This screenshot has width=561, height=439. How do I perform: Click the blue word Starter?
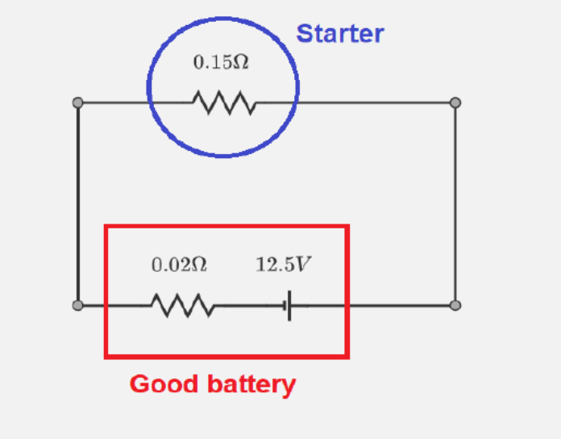(x=339, y=34)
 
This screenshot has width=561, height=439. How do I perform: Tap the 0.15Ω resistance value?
(x=220, y=62)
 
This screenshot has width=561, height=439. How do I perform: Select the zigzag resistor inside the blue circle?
(x=224, y=103)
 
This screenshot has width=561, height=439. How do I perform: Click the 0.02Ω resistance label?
(x=179, y=265)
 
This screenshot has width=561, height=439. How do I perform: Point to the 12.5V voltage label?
(x=283, y=265)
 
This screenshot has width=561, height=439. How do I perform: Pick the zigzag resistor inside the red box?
(x=182, y=306)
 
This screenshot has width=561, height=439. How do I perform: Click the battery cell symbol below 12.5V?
(x=289, y=306)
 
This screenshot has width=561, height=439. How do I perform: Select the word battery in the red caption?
(x=251, y=385)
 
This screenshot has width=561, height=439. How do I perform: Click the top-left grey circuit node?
(x=77, y=102)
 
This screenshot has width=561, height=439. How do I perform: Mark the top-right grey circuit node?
(x=455, y=102)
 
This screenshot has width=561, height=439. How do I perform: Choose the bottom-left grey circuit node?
(x=77, y=306)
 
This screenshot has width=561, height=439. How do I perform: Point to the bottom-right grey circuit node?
(x=455, y=306)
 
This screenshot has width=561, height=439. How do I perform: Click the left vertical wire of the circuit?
(x=77, y=202)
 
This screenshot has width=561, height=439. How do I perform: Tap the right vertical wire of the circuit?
(x=455, y=202)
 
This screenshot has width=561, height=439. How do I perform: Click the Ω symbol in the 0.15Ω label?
(x=240, y=62)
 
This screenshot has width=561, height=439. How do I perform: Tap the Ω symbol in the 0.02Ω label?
(x=199, y=265)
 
